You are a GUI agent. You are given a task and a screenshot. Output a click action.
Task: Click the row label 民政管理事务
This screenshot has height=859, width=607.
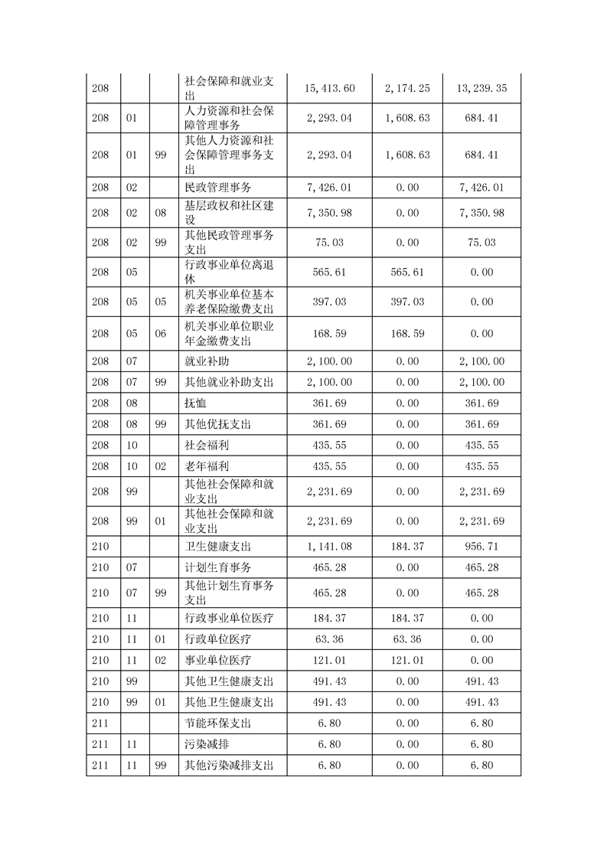218,187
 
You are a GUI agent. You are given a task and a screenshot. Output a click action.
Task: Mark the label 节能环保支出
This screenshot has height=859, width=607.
218,723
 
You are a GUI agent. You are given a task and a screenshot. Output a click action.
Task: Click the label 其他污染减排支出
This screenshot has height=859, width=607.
229,765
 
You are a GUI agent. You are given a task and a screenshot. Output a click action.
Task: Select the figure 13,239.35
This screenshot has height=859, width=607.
481,89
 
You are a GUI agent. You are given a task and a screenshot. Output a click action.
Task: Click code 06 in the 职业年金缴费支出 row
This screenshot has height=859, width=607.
160,334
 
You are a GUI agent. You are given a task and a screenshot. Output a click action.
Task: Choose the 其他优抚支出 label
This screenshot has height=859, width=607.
218,424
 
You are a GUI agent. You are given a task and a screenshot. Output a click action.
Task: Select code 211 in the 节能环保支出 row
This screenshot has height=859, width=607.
100,723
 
